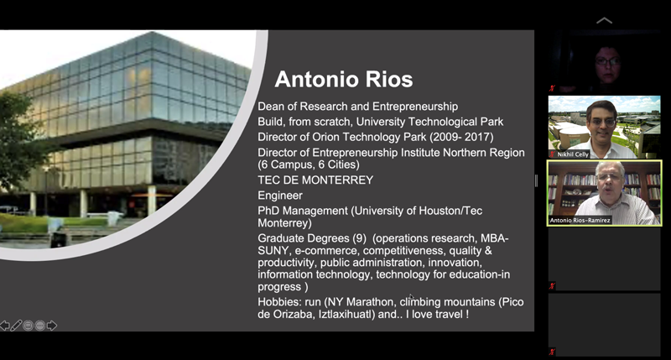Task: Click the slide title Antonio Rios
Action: pyautogui.click(x=344, y=79)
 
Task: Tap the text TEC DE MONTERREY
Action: pyautogui.click(x=315, y=180)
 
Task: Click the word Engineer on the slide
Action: pyautogui.click(x=280, y=196)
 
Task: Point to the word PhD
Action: pyautogui.click(x=268, y=211)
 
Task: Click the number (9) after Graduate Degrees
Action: pyautogui.click(x=359, y=238)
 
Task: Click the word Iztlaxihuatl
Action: pyautogui.click(x=346, y=314)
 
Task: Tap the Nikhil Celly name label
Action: pyautogui.click(x=572, y=154)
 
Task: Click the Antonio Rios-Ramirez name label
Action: pyautogui.click(x=580, y=221)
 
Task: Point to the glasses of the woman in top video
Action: pyautogui.click(x=607, y=61)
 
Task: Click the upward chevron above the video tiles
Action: pyautogui.click(x=604, y=20)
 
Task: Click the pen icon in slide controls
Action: pyautogui.click(x=16, y=326)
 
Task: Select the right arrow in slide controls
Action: pyautogui.click(x=52, y=326)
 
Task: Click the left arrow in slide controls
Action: pyautogui.click(x=5, y=326)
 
